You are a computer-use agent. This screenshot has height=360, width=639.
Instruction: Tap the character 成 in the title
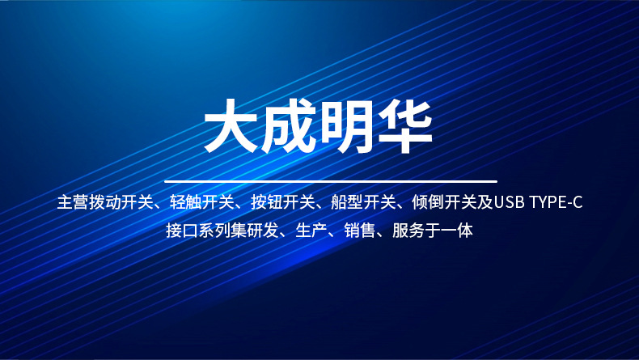pyautogui.click(x=289, y=127)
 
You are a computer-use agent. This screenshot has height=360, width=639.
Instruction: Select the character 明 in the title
pyautogui.click(x=348, y=127)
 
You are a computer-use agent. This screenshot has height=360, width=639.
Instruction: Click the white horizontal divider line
pyautogui.click(x=330, y=181)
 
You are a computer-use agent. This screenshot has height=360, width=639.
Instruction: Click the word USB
pyautogui.click(x=509, y=202)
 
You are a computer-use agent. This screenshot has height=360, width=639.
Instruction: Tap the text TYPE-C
pyautogui.click(x=556, y=202)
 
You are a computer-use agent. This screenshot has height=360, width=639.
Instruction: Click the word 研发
pyautogui.click(x=263, y=231)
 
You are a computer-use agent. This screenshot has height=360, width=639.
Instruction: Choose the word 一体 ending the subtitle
pyautogui.click(x=457, y=231)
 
